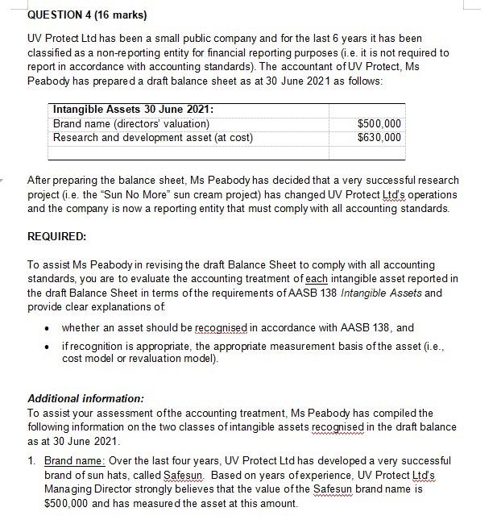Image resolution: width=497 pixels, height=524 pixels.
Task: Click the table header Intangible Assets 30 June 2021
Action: (x=133, y=110)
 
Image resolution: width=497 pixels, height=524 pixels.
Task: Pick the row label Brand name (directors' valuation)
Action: (x=130, y=123)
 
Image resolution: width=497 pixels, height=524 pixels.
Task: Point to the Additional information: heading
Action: (x=85, y=398)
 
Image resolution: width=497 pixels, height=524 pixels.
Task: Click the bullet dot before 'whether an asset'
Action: (x=48, y=328)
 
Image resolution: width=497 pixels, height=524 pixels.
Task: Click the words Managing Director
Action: (x=69, y=489)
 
